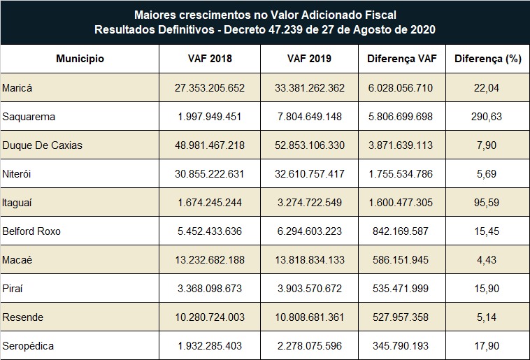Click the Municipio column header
80,59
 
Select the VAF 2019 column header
309,59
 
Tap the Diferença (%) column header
488,59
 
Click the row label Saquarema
29,116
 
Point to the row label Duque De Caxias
43,145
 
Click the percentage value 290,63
487,116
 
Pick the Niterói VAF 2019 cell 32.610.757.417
309,173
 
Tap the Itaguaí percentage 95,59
487,202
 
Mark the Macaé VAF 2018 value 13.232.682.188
210,259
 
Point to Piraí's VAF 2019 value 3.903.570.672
309,288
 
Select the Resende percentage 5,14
487,317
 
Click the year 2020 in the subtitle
422,29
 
